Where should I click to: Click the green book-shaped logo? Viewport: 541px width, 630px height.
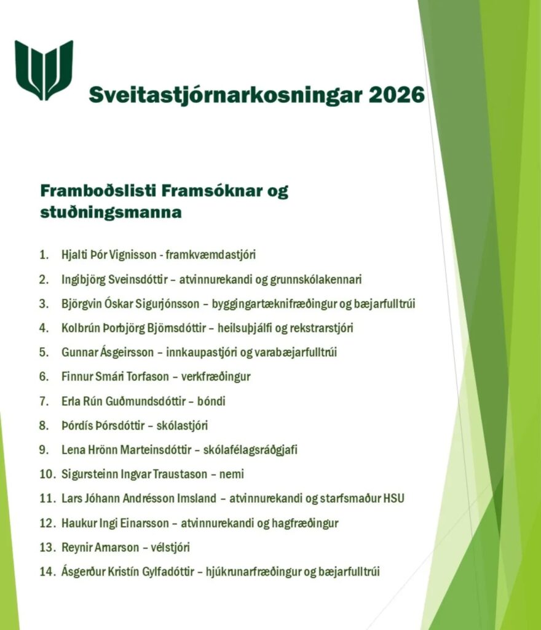pos(44,70)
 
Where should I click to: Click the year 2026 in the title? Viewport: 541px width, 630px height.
pos(398,95)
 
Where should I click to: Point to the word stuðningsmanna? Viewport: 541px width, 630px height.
pos(111,213)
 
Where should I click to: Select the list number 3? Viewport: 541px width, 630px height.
pos(44,303)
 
